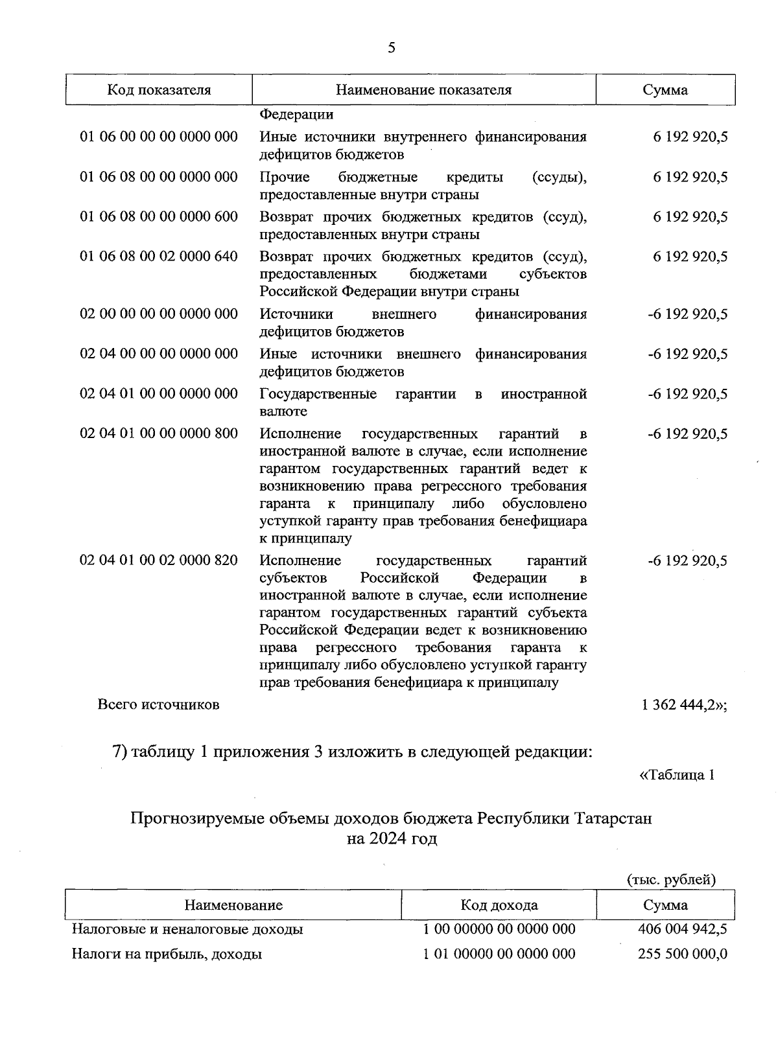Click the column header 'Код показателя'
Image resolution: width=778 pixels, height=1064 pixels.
coord(159,90)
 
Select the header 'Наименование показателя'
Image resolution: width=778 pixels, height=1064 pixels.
coord(423,90)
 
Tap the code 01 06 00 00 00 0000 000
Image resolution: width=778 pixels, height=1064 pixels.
coord(159,137)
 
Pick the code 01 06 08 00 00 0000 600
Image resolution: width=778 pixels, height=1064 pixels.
coord(159,216)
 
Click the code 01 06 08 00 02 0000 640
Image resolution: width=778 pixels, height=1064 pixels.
coord(159,257)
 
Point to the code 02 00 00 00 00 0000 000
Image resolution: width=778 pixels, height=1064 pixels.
coord(159,314)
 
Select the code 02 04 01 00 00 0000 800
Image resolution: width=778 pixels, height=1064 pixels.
coord(159,434)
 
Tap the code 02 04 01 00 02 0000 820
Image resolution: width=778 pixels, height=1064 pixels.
coord(159,561)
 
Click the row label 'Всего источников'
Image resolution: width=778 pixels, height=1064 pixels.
coord(158,704)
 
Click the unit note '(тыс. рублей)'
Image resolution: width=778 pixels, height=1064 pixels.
coord(671,880)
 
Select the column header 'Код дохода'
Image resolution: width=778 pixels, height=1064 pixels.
coord(499,905)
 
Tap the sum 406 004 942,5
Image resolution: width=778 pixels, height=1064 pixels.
coord(683,930)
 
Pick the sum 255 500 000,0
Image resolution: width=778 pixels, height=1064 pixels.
coord(683,954)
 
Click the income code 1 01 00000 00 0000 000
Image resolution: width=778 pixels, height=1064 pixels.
coord(499,954)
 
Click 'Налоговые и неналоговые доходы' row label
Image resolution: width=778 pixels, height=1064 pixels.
coord(187,930)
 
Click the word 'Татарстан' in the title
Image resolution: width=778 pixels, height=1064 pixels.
coord(613,818)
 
